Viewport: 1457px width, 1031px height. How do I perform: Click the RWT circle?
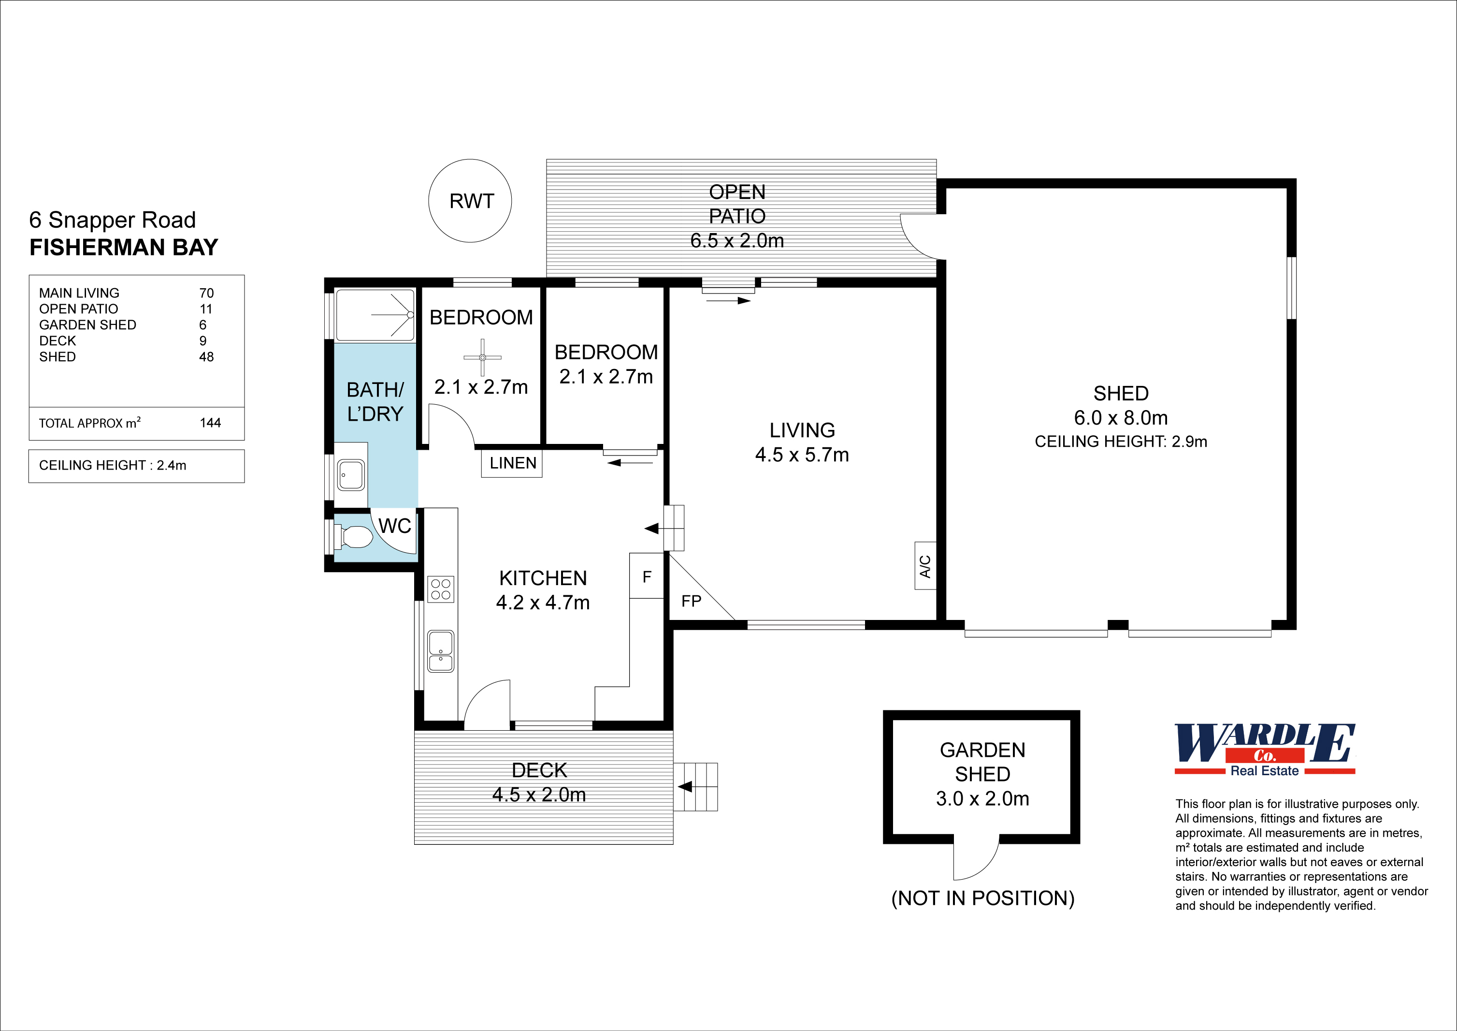coord(470,201)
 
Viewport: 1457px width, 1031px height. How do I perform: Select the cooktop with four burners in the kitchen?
coord(440,589)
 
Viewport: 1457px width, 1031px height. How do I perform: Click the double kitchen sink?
coord(440,651)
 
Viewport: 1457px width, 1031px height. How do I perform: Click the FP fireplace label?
coord(691,601)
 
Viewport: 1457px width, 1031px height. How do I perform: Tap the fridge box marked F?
coord(647,576)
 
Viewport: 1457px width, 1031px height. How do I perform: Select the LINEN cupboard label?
coord(512,463)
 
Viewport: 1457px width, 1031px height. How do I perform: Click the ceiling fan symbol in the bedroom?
coord(482,357)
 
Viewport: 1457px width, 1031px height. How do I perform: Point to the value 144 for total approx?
coord(210,423)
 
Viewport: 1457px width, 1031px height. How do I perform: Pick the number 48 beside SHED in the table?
coord(206,357)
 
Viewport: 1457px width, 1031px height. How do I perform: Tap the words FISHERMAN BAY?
coord(124,247)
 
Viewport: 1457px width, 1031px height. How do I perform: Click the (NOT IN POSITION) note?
coord(982,898)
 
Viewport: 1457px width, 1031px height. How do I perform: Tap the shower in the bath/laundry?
coord(375,315)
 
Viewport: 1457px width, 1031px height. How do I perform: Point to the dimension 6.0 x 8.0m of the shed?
coord(1121,418)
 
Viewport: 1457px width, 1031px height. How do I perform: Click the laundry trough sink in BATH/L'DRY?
coord(351,475)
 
